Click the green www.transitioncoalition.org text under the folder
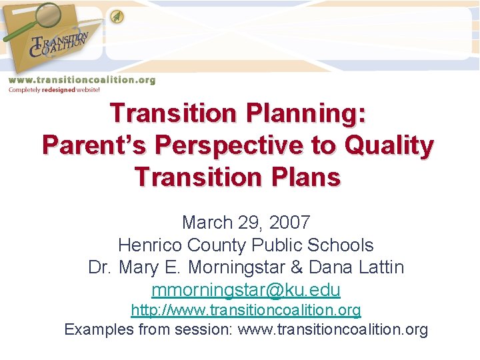click(x=81, y=80)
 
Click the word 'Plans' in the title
click(x=306, y=177)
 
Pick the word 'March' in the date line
click(x=206, y=222)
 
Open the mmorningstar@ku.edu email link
click(x=246, y=291)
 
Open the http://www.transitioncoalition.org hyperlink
click(x=246, y=310)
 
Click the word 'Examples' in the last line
click(x=96, y=329)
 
